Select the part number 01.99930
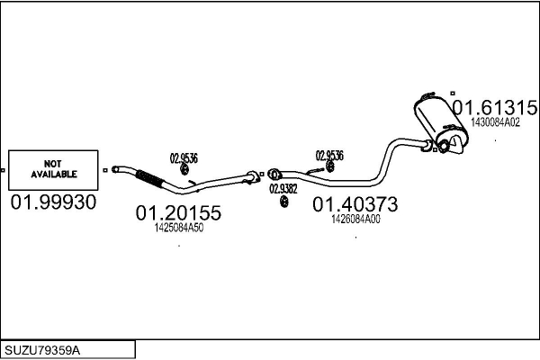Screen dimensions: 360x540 point(52,202)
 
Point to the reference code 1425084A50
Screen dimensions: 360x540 point(179,228)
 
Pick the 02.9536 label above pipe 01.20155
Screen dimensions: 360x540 point(184,157)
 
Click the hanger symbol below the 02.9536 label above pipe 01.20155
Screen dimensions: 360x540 point(184,169)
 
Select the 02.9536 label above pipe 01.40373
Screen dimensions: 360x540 point(328,156)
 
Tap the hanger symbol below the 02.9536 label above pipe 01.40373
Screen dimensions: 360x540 point(330,167)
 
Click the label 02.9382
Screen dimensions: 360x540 point(283,188)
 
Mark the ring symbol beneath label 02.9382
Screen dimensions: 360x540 point(283,200)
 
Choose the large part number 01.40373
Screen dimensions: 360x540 point(355,205)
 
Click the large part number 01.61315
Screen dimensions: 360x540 point(495,108)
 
